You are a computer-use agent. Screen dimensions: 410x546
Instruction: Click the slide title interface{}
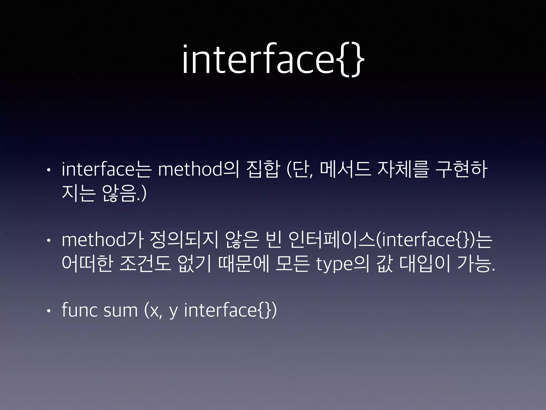273,60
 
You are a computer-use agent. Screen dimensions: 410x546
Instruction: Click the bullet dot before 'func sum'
48,311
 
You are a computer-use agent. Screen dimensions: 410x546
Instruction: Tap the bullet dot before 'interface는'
48,170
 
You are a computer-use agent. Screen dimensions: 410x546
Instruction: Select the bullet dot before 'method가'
48,241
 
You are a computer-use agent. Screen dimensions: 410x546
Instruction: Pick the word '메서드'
346,170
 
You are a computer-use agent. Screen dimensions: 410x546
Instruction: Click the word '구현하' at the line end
461,170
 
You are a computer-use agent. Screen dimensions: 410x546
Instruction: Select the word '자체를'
403,170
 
